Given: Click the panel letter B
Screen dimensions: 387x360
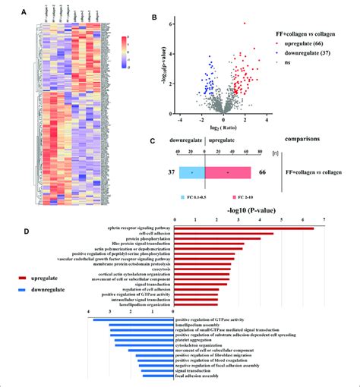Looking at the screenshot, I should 176,17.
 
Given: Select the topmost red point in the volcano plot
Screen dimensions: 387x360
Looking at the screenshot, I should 245,24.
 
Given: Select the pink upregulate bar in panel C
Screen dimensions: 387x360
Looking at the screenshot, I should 231,174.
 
